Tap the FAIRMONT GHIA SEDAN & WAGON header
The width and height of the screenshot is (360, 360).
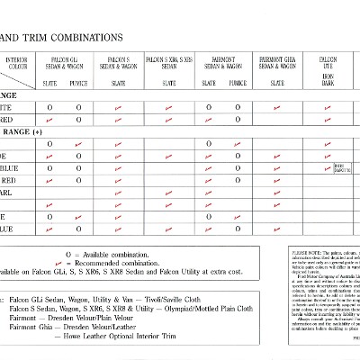pyautogui.click(x=279, y=63)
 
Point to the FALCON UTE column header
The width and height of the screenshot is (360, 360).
pyautogui.click(x=328, y=63)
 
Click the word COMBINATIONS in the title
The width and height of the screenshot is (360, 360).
pyautogui.click(x=85, y=38)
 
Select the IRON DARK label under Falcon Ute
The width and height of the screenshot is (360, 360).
pyautogui.click(x=328, y=80)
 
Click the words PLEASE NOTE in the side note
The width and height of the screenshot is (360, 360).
pyautogui.click(x=302, y=254)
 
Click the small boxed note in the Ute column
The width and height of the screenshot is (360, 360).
pyautogui.click(x=342, y=167)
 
